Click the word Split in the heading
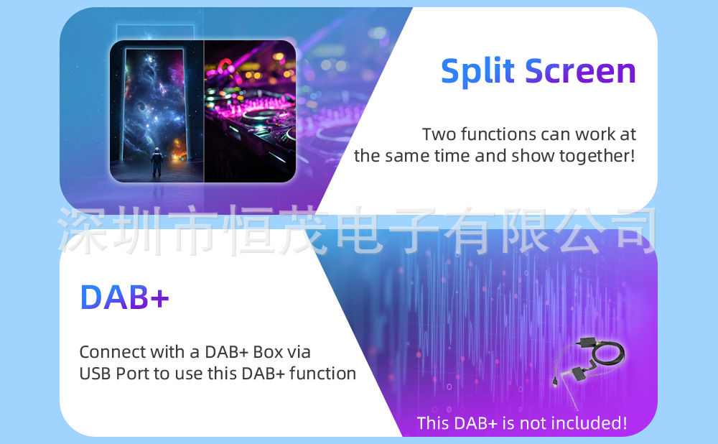tap(478, 71)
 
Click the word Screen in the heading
tap(581, 71)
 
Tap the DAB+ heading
tap(124, 297)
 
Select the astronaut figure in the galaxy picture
tap(157, 162)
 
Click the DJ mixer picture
tap(250, 111)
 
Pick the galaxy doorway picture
tap(157, 111)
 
